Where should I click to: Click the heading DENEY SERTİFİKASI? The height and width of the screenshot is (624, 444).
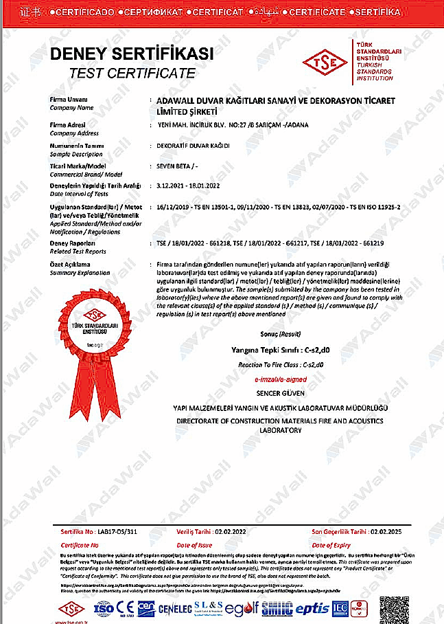(132, 54)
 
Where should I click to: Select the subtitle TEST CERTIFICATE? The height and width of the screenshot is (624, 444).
(132, 73)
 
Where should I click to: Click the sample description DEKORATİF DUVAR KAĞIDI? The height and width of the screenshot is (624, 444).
(193, 146)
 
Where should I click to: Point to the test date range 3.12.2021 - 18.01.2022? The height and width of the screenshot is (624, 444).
(188, 186)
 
